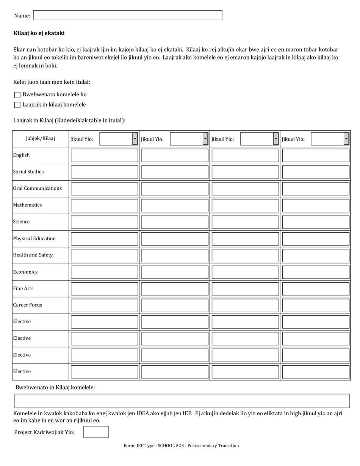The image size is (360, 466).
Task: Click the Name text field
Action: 128,15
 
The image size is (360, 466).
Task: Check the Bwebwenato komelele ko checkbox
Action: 17,95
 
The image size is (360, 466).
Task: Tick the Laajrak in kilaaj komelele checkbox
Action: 17,105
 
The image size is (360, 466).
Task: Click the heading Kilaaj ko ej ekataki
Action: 39,33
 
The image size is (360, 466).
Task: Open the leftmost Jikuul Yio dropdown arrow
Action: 135,139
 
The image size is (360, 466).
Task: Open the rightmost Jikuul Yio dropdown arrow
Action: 346,139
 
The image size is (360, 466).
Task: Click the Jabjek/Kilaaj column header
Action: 41,139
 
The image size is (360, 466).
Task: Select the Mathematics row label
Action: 27,205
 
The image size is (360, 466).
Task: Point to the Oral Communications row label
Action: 37,188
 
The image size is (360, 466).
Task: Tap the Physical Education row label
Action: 34,239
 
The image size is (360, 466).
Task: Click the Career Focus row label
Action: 27,305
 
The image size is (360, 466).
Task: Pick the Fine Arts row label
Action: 23,289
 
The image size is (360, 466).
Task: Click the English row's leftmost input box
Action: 104,155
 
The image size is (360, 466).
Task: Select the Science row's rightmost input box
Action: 316,222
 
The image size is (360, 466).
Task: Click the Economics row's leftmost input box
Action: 104,272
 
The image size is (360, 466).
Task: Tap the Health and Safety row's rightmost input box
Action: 316,255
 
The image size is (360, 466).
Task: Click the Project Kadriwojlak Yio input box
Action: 96,432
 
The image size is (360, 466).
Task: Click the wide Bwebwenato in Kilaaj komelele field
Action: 182,401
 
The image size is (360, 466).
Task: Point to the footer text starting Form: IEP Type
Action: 181,446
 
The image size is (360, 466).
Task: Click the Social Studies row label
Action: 28,172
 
